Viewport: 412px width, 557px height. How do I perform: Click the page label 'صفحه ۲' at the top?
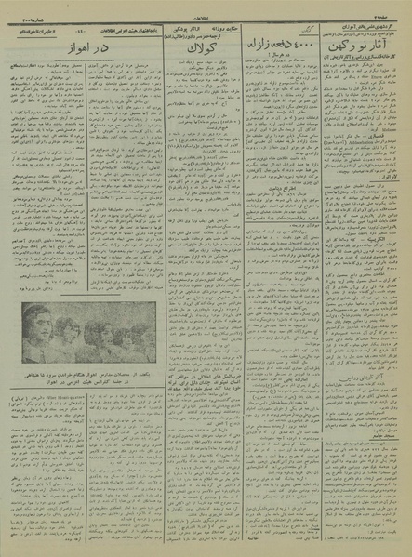(394, 7)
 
